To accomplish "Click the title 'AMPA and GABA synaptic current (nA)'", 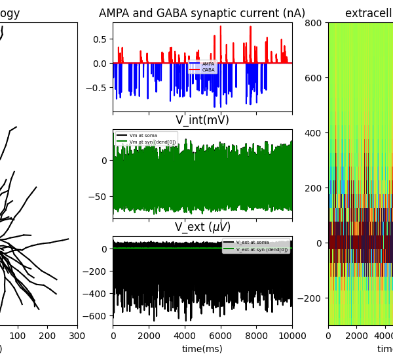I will coord(202,13).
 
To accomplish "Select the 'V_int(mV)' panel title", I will coord(202,120).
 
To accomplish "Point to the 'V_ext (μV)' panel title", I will coord(202,227).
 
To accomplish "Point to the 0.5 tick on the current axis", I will coord(100,39).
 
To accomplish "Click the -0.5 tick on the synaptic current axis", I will coord(98,88).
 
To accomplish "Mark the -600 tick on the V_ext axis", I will coord(97,315).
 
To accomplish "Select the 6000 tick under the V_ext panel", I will coord(220,336).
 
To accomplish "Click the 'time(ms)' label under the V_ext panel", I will coord(202,349).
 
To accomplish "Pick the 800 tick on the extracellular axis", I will coord(313,23).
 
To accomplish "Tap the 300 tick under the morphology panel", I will coord(77,336).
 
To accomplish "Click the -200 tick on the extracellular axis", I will coord(310,298).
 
